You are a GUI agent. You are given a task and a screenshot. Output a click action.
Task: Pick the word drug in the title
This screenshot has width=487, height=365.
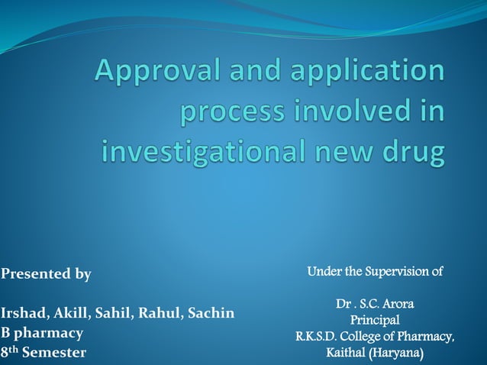click(x=414, y=152)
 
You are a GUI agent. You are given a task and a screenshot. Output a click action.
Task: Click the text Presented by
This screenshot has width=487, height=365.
click(x=46, y=274)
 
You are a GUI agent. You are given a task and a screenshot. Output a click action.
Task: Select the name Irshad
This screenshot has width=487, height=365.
click(x=24, y=313)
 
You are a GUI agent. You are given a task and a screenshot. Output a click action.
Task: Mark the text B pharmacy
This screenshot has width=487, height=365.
click(x=42, y=333)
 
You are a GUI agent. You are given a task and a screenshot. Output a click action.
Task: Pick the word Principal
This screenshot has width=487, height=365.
click(x=374, y=320)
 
